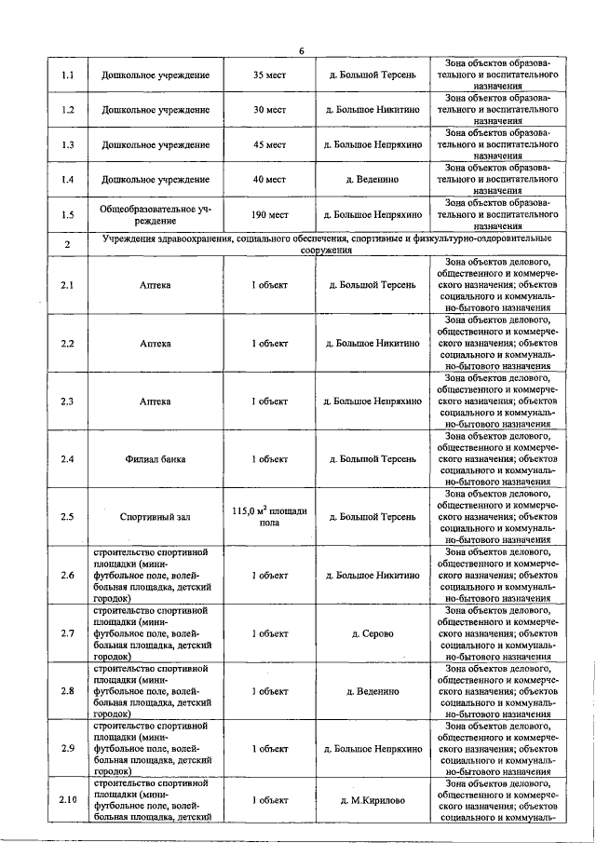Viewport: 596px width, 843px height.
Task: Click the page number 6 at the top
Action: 301,50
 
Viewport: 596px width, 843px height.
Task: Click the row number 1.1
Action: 67,75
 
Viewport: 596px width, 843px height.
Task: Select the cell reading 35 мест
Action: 269,75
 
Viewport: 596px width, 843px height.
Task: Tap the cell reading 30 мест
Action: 269,110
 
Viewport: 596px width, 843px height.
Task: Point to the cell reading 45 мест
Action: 269,145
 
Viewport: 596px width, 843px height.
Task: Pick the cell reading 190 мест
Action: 269,215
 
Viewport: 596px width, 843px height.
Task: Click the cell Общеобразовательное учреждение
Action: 156,215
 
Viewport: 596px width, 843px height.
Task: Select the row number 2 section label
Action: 67,244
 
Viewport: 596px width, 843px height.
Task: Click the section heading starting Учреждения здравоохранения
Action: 326,244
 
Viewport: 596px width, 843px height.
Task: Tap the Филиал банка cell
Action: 156,459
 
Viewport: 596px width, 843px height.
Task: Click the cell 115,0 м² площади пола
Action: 269,516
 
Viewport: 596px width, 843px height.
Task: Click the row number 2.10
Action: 67,800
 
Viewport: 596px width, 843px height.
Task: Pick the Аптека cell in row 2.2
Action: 156,344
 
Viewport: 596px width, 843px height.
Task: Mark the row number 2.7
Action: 67,633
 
